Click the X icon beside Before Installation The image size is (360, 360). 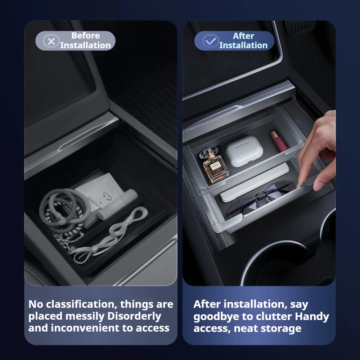tap(51, 41)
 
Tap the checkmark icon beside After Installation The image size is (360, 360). tap(210, 41)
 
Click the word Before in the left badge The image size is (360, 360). tap(85, 36)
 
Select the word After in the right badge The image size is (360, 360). tap(243, 36)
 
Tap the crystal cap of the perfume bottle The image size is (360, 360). tap(208, 153)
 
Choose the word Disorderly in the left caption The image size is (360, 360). tap(134, 316)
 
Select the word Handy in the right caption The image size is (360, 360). tap(312, 316)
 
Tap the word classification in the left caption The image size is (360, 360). tap(80, 304)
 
